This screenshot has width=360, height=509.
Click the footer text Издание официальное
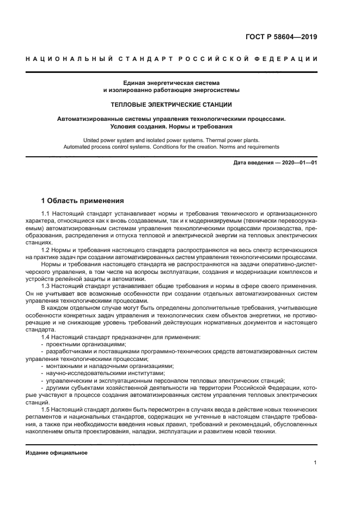click(x=57, y=452)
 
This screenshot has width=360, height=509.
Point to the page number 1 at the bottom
click(x=315, y=463)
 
